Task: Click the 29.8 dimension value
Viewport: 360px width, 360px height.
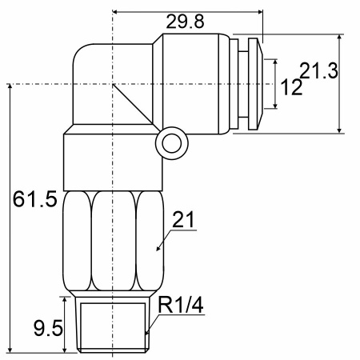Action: click(x=185, y=22)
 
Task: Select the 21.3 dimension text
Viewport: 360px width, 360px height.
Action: click(x=319, y=70)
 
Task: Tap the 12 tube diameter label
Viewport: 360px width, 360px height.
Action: click(x=292, y=87)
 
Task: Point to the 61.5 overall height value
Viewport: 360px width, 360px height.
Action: click(x=35, y=199)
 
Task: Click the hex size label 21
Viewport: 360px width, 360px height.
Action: click(x=184, y=219)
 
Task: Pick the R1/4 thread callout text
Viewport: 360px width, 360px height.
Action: click(x=181, y=305)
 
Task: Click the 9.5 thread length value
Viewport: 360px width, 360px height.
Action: click(x=48, y=328)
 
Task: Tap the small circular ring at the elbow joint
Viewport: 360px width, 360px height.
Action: click(x=172, y=143)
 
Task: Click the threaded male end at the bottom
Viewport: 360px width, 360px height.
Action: click(x=113, y=325)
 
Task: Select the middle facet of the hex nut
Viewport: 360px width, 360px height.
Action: click(x=114, y=241)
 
